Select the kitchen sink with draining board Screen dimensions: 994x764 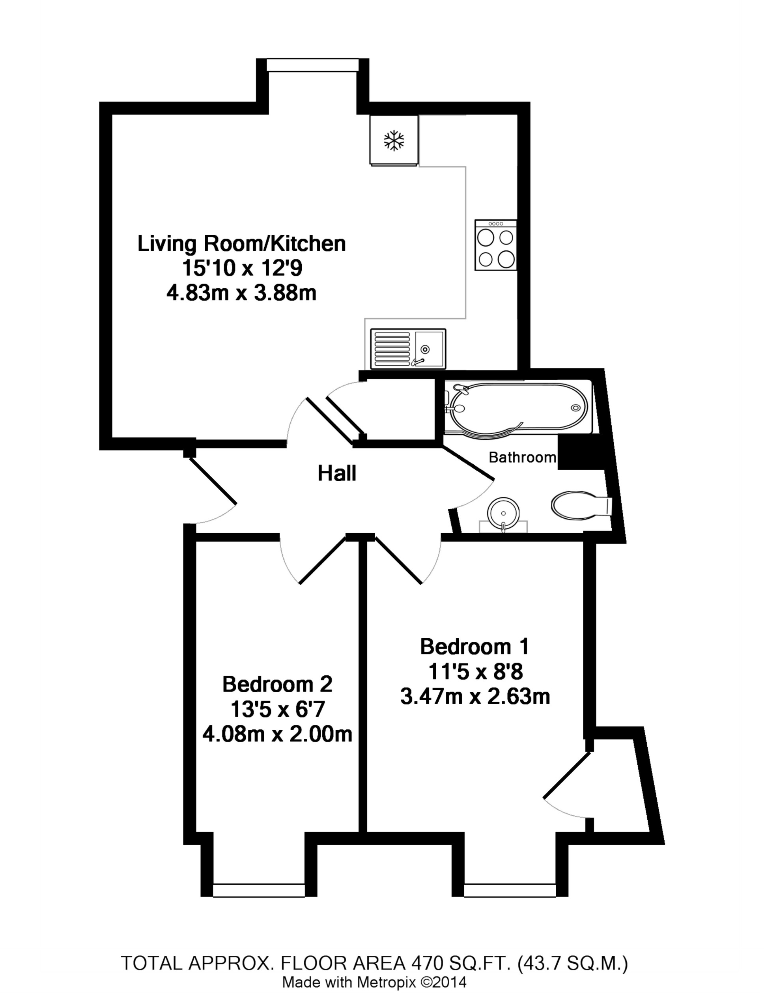click(408, 349)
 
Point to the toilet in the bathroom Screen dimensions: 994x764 click(581, 505)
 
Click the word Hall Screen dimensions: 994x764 click(336, 474)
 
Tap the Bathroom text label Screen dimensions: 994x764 click(522, 458)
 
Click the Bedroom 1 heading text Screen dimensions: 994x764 click(475, 646)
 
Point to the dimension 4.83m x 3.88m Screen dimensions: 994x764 click(241, 293)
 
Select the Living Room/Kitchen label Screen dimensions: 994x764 click(241, 244)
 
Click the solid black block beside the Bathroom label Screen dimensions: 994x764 click(580, 452)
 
